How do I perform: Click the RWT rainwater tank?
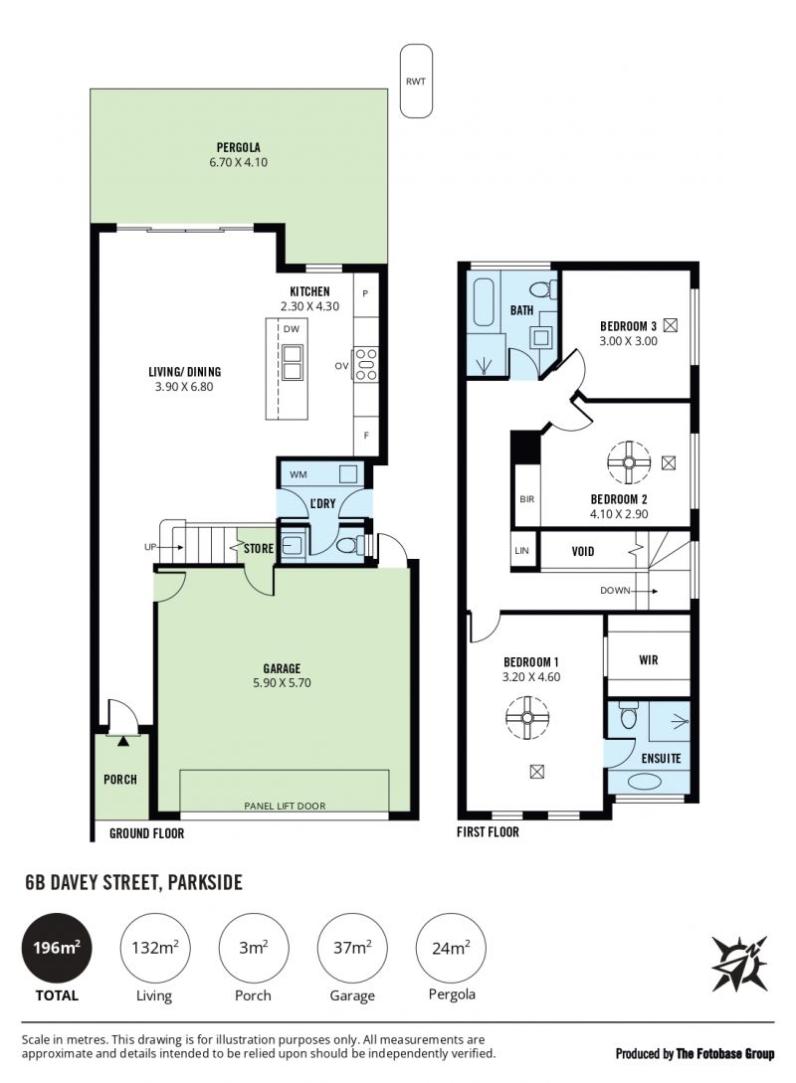point(416,81)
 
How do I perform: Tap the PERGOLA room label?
point(239,147)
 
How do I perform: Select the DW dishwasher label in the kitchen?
point(292,329)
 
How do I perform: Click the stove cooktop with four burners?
point(365,364)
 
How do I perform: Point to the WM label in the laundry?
point(298,474)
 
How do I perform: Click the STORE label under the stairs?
point(259,548)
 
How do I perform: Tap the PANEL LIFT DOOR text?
point(285,806)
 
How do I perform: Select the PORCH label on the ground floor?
point(120,779)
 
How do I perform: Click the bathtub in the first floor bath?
point(482,302)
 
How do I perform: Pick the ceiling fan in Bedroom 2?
point(629,462)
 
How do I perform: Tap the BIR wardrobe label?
point(527,498)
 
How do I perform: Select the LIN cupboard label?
point(521,551)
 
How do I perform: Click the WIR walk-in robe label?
point(648,659)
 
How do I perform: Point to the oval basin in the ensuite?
point(644,783)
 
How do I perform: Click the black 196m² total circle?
point(57,948)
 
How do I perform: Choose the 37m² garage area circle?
point(352,948)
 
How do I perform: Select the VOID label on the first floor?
point(582,551)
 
